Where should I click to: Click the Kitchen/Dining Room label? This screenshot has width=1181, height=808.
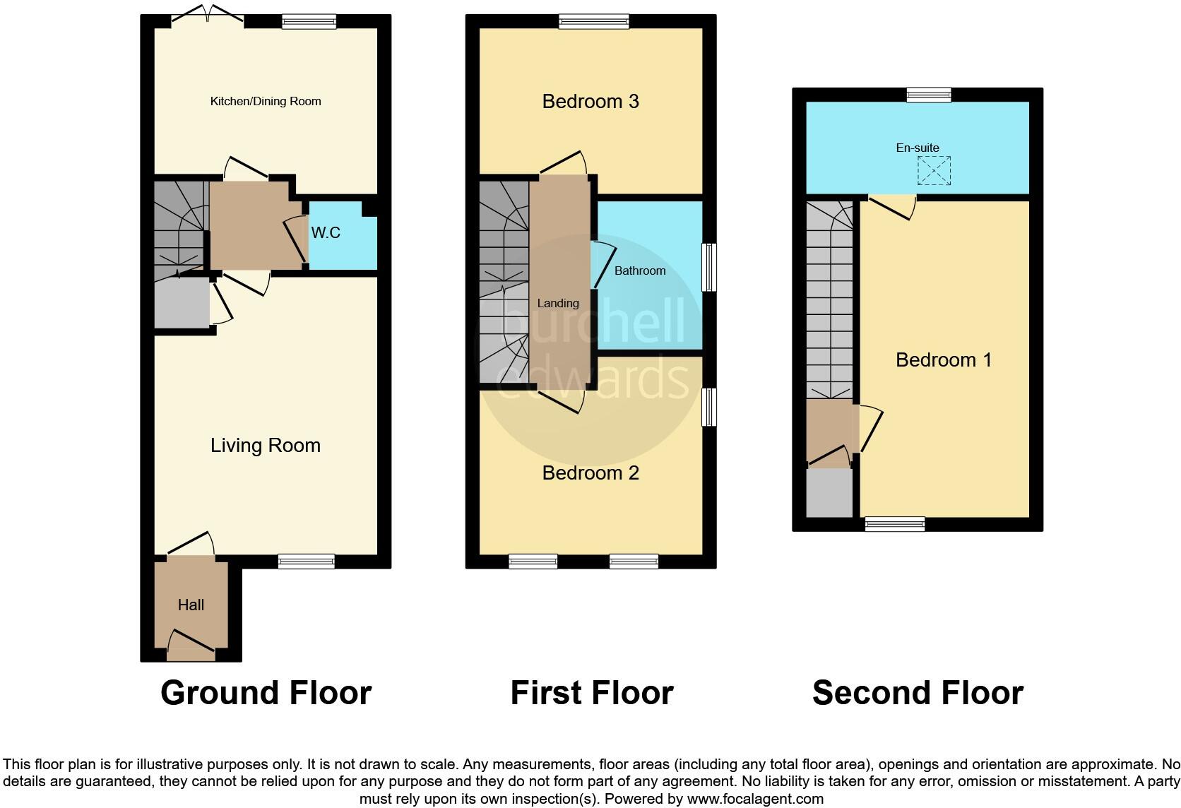click(x=266, y=102)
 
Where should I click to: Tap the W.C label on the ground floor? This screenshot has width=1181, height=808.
click(x=326, y=233)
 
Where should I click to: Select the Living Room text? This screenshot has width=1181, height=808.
click(x=266, y=446)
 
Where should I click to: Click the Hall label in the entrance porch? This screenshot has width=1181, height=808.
click(x=191, y=605)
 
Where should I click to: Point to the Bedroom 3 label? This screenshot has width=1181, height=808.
click(x=590, y=102)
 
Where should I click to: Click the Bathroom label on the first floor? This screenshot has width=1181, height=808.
click(x=640, y=271)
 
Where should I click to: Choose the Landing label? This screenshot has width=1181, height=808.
click(x=558, y=304)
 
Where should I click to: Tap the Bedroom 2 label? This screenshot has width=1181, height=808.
click(x=590, y=473)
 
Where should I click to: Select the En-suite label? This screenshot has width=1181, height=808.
click(x=918, y=148)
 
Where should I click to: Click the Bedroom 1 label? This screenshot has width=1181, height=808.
click(x=944, y=360)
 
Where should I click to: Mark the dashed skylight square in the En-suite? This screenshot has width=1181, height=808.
click(x=934, y=171)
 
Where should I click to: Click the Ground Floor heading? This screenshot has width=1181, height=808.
click(x=266, y=694)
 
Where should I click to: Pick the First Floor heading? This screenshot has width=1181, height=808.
click(x=592, y=694)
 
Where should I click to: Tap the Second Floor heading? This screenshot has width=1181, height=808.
click(x=918, y=694)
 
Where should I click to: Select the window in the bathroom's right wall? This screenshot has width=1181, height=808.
click(x=708, y=268)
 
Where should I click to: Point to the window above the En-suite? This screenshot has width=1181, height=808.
click(x=929, y=95)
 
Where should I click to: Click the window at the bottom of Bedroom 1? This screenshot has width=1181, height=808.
click(x=895, y=524)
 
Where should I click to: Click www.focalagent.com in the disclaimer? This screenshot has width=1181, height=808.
click(x=755, y=800)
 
